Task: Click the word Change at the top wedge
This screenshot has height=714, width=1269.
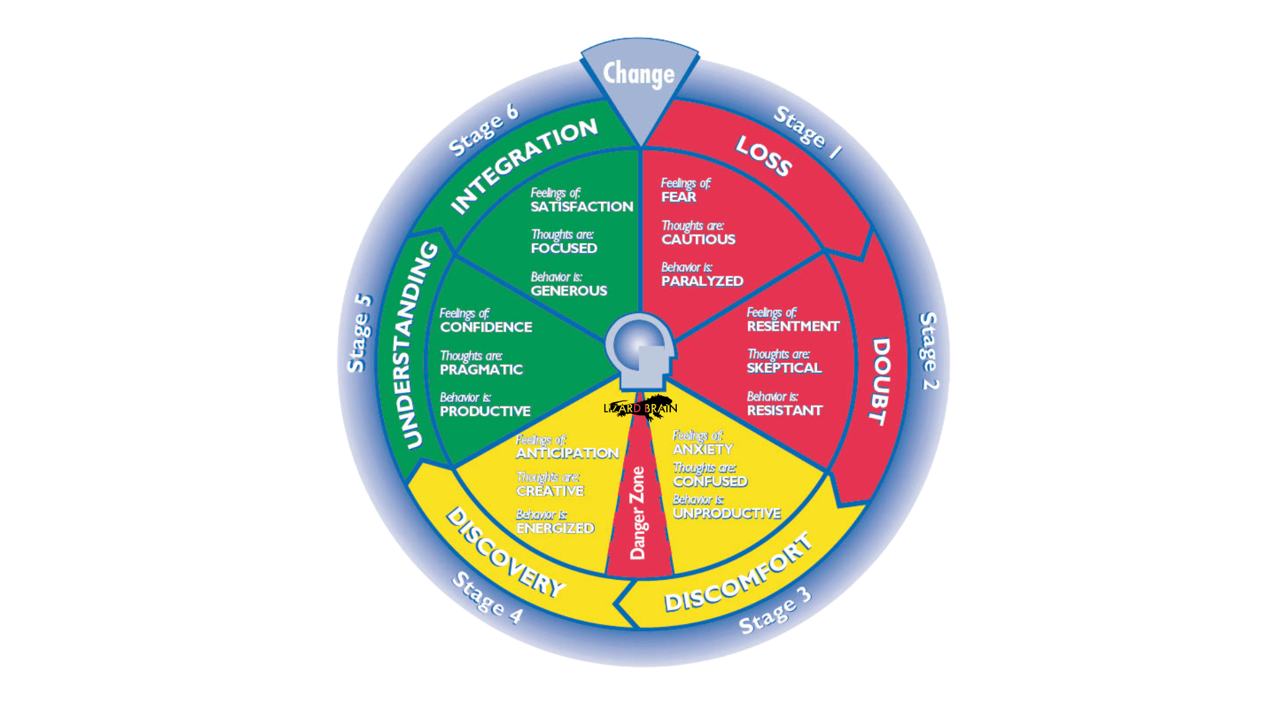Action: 638,74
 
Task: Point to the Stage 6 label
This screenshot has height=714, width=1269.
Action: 483,130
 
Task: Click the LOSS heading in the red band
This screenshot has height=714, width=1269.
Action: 764,156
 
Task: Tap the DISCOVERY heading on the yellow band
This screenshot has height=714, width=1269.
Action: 506,553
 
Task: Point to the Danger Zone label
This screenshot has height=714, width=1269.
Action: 638,513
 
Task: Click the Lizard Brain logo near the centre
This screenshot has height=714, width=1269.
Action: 640,407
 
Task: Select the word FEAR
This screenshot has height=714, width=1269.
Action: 679,197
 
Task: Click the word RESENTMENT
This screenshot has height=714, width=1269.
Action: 793,327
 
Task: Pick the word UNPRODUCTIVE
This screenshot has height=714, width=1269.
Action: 727,514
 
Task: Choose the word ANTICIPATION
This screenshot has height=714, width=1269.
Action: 567,454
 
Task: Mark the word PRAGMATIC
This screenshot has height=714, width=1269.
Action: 481,370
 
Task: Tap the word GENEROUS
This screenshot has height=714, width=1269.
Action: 569,291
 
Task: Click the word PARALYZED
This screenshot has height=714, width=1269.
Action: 703,281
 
